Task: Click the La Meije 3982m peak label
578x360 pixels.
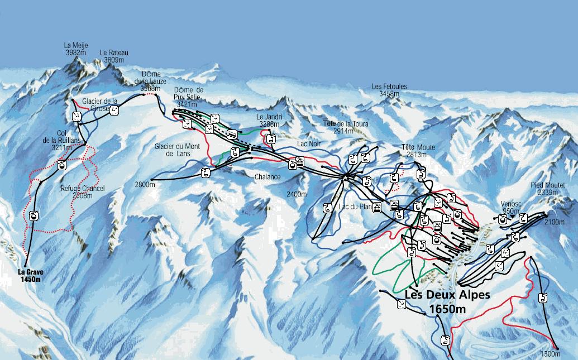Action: click(x=76, y=49)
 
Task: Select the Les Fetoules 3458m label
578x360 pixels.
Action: click(x=389, y=90)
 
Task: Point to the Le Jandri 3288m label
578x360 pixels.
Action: click(x=269, y=121)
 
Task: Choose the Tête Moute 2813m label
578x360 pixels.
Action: click(x=418, y=151)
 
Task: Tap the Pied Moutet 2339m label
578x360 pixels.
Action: click(x=548, y=189)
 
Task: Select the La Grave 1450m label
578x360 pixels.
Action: click(x=30, y=276)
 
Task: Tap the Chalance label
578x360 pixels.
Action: click(x=267, y=177)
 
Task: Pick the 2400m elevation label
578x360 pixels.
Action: click(x=296, y=194)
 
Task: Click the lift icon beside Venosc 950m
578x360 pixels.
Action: click(x=503, y=219)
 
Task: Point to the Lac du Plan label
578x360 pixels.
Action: click(x=355, y=207)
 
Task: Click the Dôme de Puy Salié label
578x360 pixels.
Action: click(x=188, y=97)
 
